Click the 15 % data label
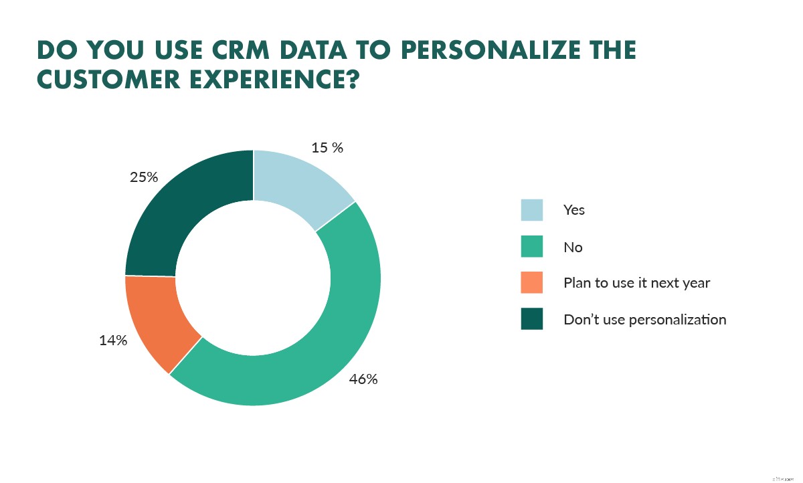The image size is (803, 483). click(327, 148)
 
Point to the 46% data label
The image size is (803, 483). click(363, 379)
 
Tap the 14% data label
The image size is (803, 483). click(113, 341)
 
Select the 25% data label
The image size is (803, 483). click(144, 177)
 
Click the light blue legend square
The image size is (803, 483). click(532, 210)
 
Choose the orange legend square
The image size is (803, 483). click(532, 283)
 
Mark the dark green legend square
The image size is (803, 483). click(532, 319)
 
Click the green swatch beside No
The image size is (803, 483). click(532, 247)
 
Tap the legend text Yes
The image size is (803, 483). click(574, 210)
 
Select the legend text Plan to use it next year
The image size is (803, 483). click(636, 283)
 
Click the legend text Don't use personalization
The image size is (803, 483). click(644, 319)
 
